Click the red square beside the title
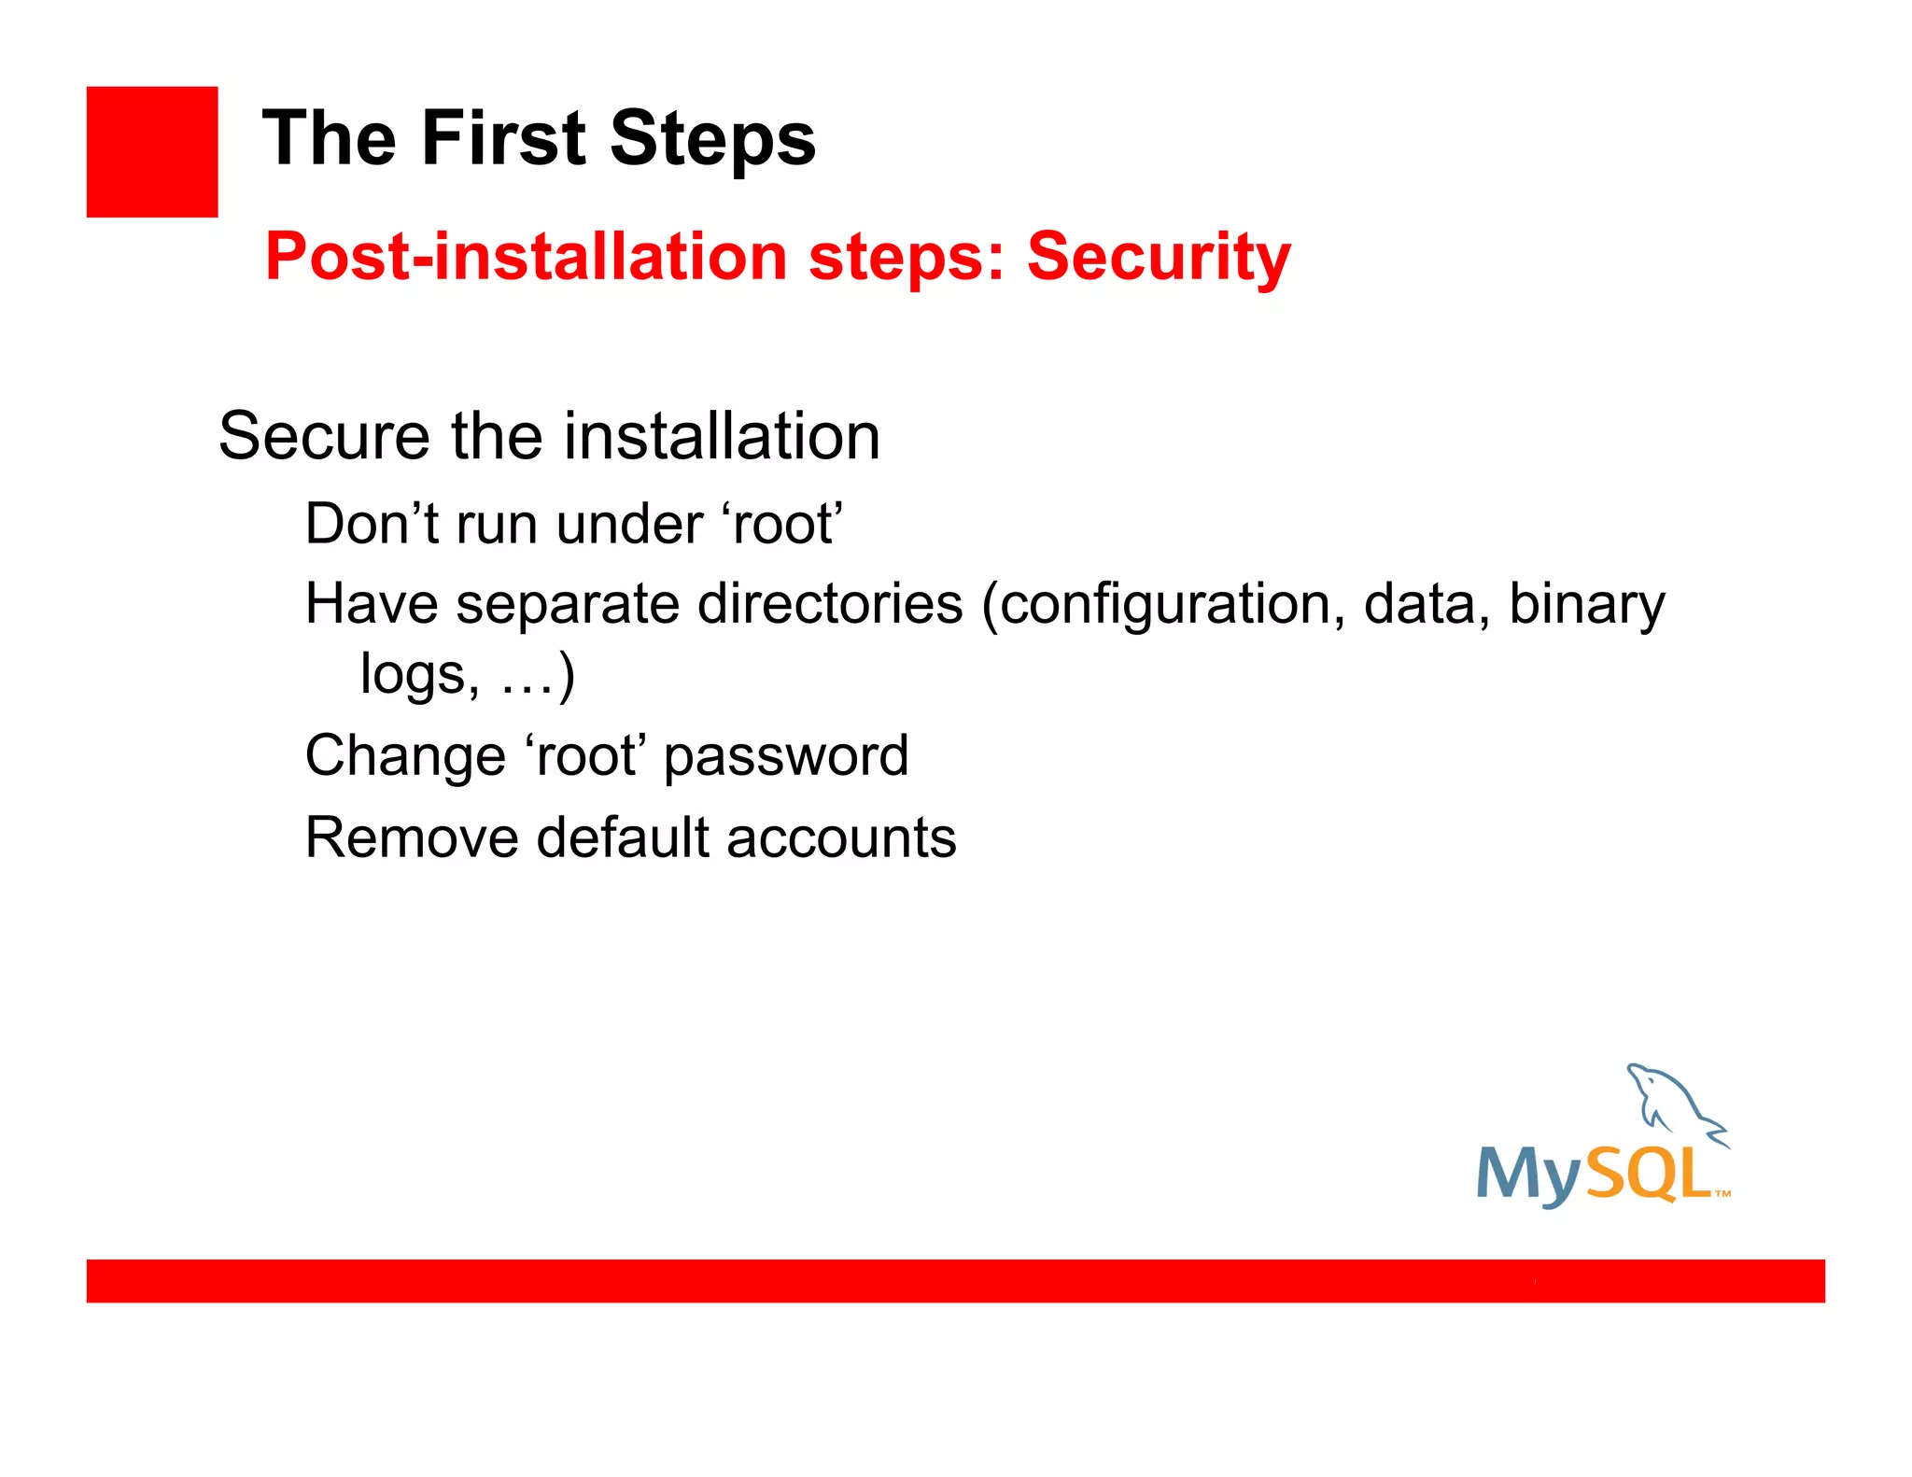(152, 152)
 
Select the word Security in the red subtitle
(1159, 257)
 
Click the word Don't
(371, 524)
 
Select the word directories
(830, 604)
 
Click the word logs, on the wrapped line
(420, 675)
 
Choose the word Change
(405, 756)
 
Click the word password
(785, 756)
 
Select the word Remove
(411, 837)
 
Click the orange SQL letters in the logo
(1649, 1174)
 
